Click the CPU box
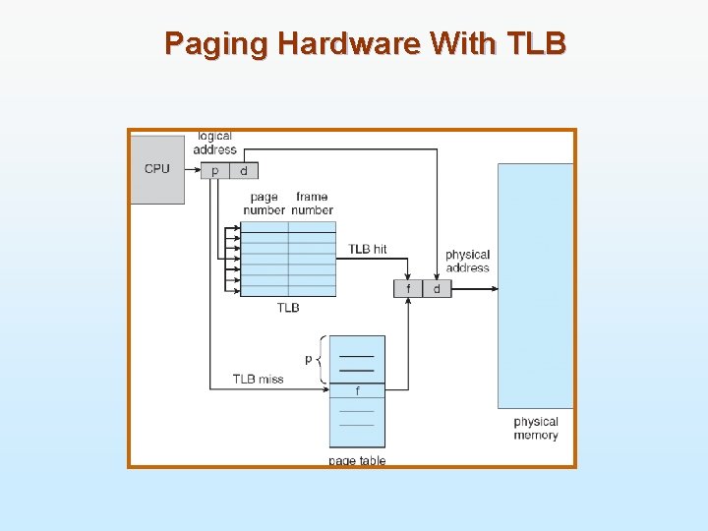point(157,169)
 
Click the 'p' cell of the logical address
point(215,171)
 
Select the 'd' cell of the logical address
point(244,171)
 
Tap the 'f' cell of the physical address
point(408,289)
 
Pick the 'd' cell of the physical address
point(437,289)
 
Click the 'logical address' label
point(214,143)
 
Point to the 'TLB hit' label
point(368,249)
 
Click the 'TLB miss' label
point(258,379)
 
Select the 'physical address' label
point(467,261)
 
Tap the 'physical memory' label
point(536,429)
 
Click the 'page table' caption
point(357,460)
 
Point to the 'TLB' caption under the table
point(288,308)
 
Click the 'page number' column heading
point(264,204)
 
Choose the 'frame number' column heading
point(312,204)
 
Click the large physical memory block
point(535,285)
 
